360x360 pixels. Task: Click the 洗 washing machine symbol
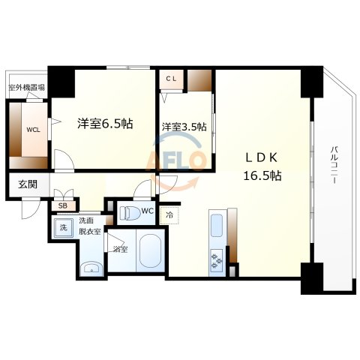pyautogui.click(x=63, y=226)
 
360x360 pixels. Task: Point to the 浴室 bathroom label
pyautogui.click(x=119, y=248)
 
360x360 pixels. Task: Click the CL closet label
pyautogui.click(x=171, y=77)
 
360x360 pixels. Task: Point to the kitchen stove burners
pyautogui.click(x=217, y=261)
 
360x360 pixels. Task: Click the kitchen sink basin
pyautogui.click(x=216, y=226)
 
